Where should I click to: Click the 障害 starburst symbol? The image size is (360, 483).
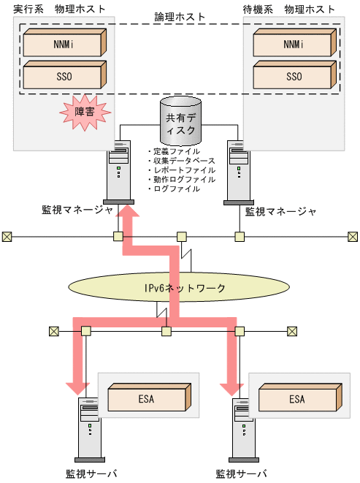click(x=85, y=113)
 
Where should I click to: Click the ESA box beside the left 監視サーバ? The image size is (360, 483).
click(x=145, y=399)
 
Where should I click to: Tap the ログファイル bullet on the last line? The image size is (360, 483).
click(x=175, y=189)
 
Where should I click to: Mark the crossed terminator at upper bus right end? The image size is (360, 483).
click(x=353, y=236)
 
